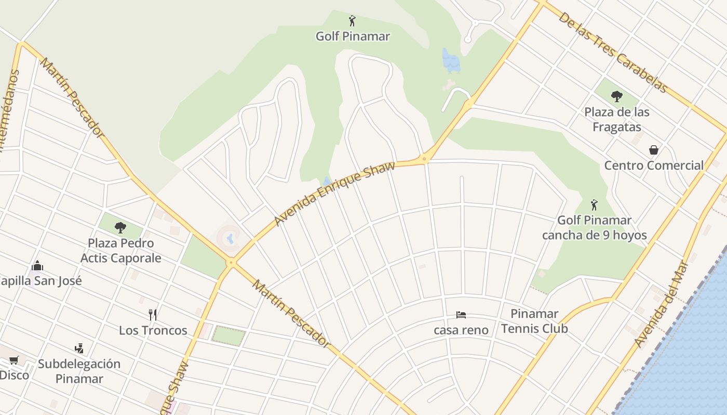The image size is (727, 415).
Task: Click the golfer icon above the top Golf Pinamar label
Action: (x=352, y=21)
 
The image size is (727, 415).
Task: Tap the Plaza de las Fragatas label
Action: (x=616, y=119)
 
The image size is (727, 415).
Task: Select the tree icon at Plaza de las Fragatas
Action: (x=616, y=96)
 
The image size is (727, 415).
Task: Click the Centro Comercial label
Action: (x=653, y=165)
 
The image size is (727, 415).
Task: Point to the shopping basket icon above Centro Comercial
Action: (x=653, y=150)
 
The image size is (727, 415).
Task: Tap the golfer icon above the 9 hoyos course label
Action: (x=594, y=205)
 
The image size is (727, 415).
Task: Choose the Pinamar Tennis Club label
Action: (x=534, y=321)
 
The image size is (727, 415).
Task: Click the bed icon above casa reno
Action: (x=461, y=315)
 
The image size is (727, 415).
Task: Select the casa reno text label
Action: (x=461, y=330)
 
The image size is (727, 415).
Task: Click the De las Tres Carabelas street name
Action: (x=612, y=52)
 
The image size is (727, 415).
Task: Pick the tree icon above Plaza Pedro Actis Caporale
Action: (x=120, y=227)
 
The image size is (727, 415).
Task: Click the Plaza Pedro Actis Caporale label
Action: (x=121, y=251)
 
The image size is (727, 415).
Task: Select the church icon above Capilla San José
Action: (x=37, y=266)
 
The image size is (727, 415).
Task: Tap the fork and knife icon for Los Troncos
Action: (x=153, y=315)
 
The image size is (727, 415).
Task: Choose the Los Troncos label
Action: (x=153, y=330)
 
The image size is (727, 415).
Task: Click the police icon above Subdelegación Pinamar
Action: (x=79, y=349)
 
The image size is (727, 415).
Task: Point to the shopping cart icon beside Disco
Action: (x=14, y=360)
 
